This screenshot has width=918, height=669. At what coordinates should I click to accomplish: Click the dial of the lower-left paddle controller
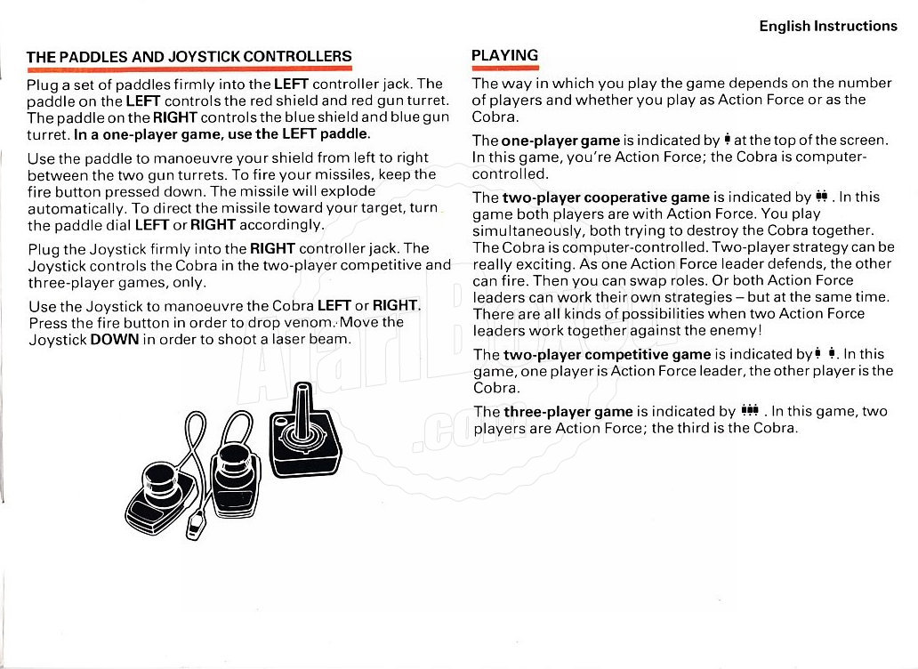click(165, 480)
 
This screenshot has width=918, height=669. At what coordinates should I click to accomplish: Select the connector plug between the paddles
click(196, 526)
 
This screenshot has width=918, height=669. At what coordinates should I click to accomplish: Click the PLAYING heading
click(504, 55)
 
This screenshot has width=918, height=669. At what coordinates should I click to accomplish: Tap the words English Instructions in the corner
click(828, 26)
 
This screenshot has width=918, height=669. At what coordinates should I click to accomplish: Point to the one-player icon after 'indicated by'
click(728, 140)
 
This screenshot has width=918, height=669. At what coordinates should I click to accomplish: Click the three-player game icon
click(749, 410)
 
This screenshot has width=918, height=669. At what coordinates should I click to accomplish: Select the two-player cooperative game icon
click(821, 197)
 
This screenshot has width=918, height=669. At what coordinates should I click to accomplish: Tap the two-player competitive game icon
click(823, 354)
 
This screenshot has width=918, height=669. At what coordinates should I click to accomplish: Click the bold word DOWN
click(115, 339)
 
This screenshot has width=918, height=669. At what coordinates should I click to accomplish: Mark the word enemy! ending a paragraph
click(737, 331)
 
